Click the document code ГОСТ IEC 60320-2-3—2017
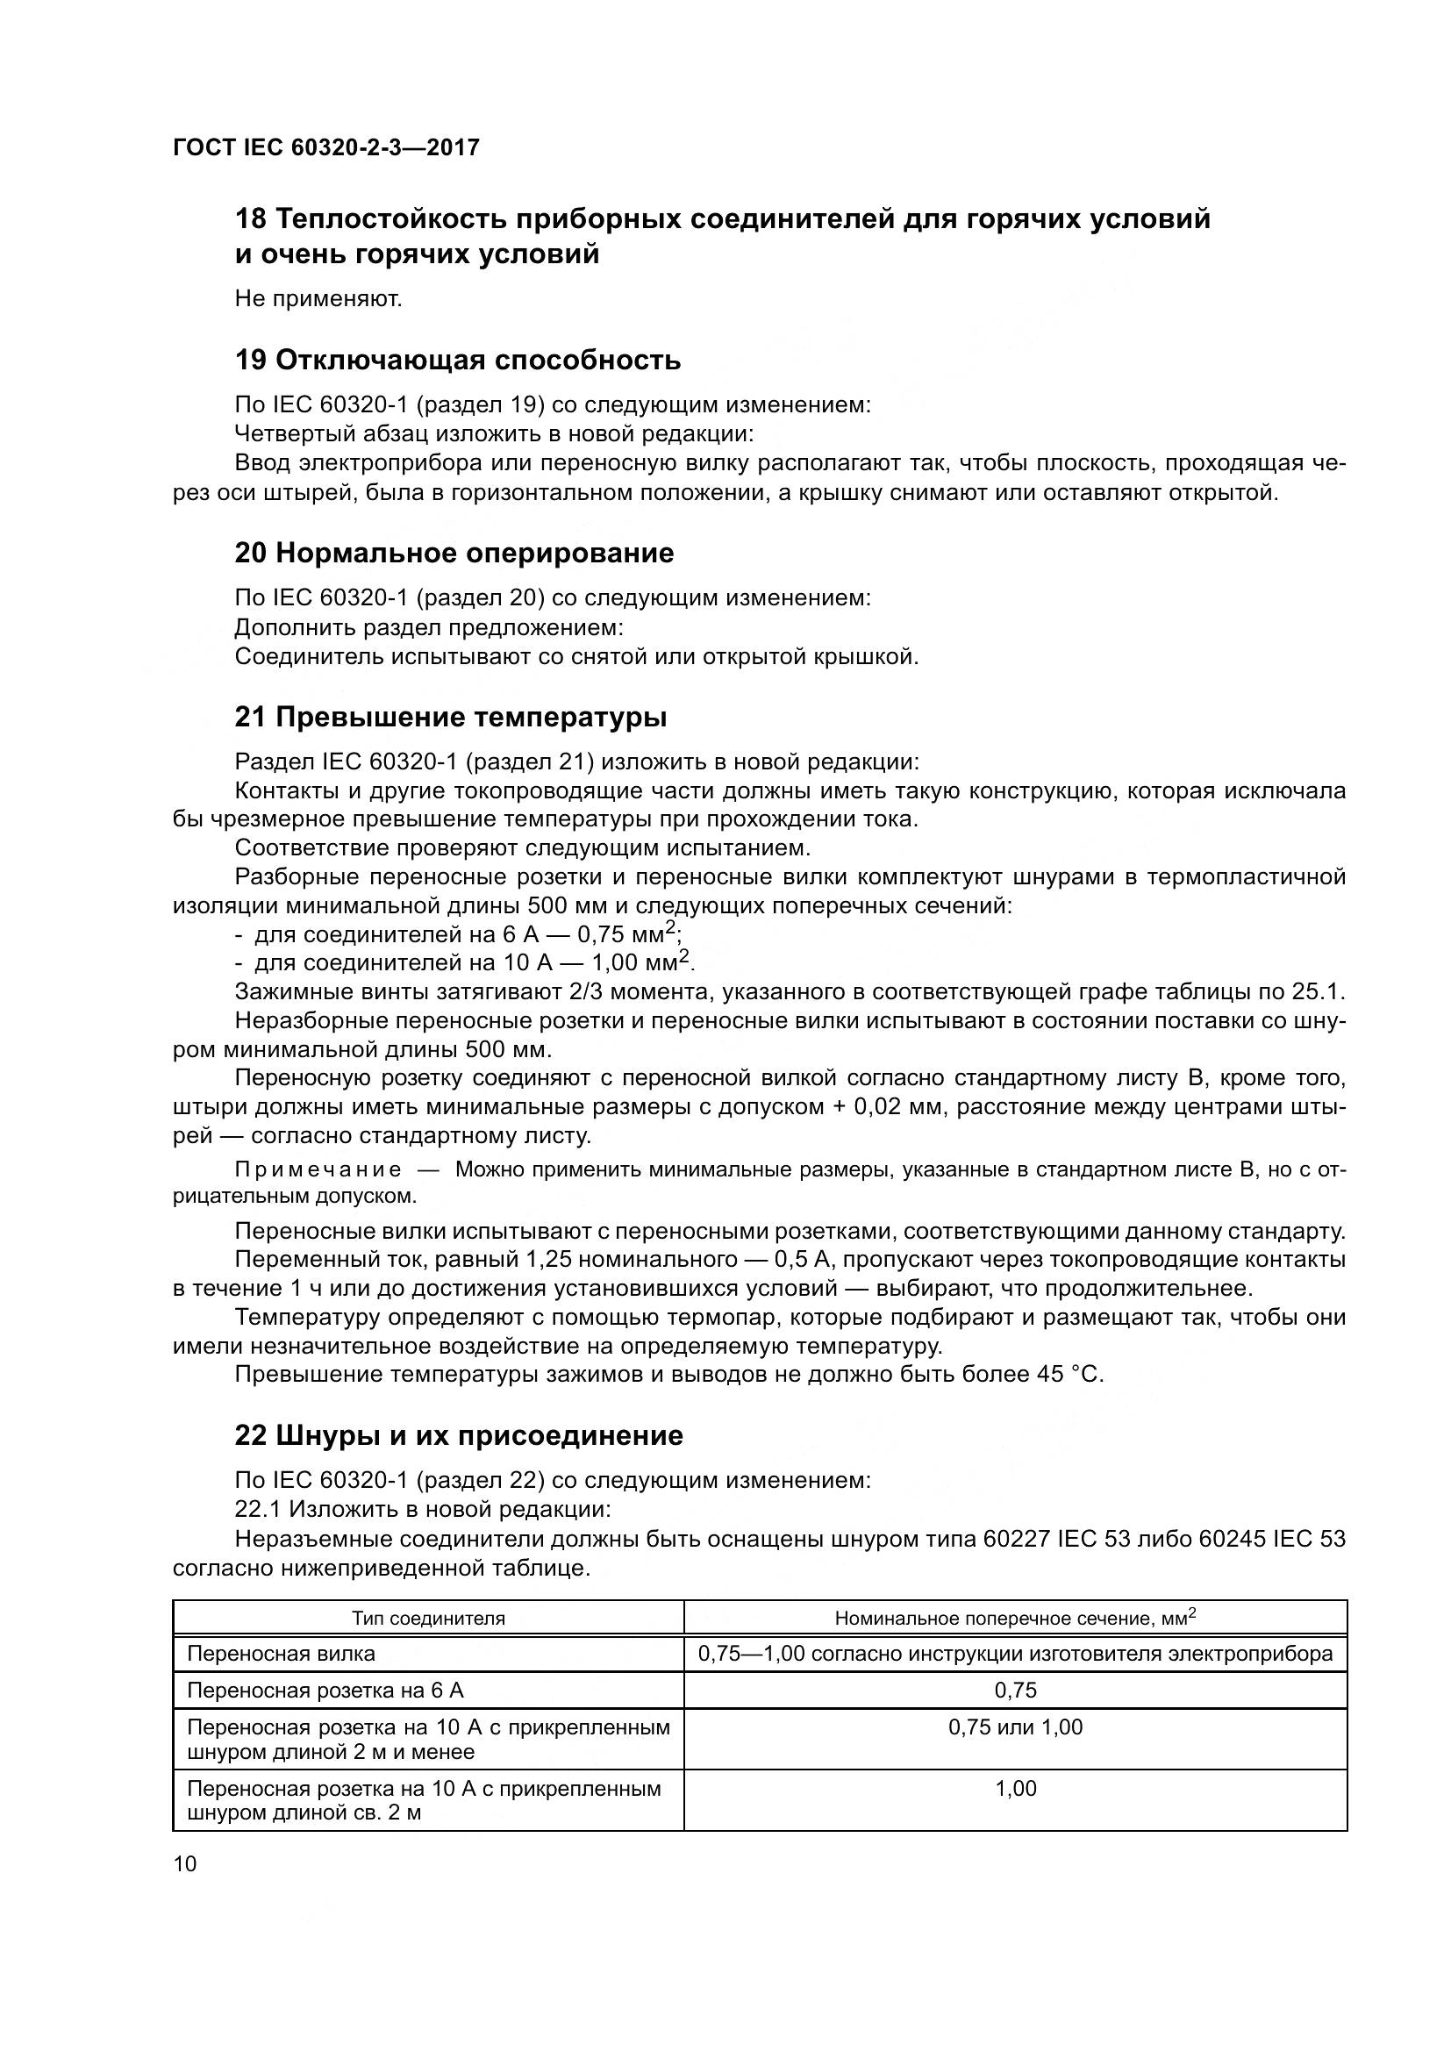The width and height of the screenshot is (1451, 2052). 326,147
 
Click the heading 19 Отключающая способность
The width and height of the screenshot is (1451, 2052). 457,361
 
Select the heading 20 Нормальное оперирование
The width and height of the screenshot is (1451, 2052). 454,554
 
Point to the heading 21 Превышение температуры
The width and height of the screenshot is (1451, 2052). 450,718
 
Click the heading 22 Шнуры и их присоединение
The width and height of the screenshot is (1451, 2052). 458,1436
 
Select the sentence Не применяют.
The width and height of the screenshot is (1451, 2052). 318,299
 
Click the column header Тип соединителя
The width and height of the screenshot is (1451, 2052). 428,1619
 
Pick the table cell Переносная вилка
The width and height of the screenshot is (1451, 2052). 281,1655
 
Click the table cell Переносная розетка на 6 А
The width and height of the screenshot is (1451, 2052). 325,1691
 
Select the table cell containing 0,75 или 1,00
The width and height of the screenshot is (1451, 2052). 1015,1727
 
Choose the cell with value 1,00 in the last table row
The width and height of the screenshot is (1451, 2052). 1015,1788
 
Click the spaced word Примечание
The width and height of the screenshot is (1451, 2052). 318,1171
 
